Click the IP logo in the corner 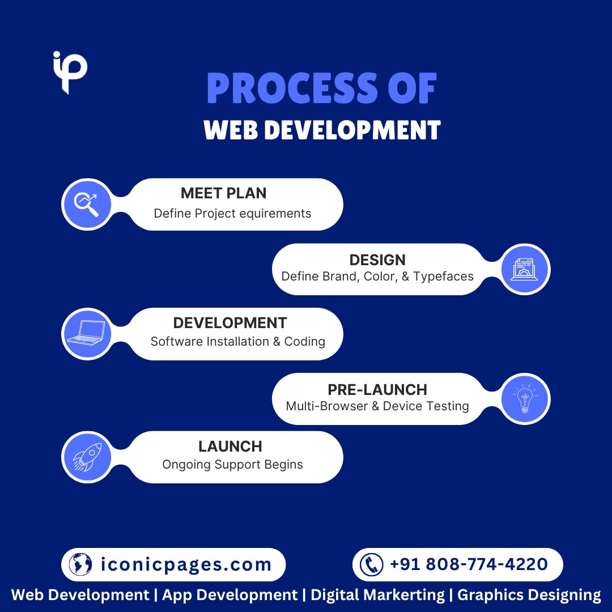tap(70, 72)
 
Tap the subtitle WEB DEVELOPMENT tap(322, 130)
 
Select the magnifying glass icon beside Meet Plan tap(87, 204)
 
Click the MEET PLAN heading tap(223, 193)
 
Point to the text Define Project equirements tap(232, 214)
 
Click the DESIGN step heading tap(377, 260)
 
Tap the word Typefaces tap(443, 277)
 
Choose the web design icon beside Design tap(525, 269)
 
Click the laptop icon tap(87, 333)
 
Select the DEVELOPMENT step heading tap(230, 323)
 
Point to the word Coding tap(304, 342)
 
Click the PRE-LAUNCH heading tap(377, 390)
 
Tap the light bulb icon tap(525, 398)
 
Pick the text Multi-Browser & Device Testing tap(377, 406)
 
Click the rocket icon tap(87, 457)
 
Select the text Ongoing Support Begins tap(232, 465)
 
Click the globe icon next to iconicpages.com tap(80, 564)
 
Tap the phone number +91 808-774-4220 tap(469, 564)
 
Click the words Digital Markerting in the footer tap(378, 595)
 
